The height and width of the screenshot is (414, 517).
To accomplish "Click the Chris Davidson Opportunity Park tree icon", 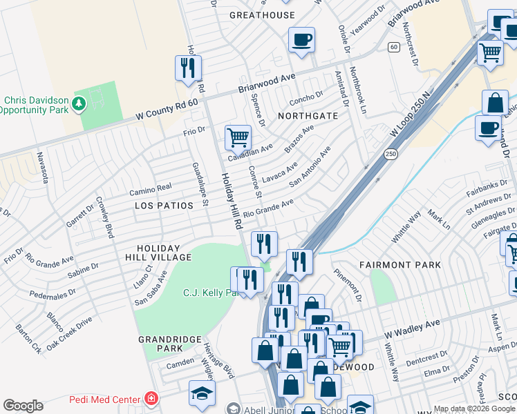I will (x=79, y=104).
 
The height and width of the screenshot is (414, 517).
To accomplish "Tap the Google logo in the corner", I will (x=23, y=406).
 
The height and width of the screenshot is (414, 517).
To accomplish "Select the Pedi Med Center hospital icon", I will (x=150, y=399).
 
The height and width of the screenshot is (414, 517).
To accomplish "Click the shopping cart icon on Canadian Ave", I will (x=238, y=137).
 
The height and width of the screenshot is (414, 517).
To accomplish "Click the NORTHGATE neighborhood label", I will (x=308, y=116).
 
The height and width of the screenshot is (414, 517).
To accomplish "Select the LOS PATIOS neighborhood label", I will (x=162, y=206).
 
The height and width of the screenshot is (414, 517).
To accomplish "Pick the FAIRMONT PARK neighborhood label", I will (x=400, y=264).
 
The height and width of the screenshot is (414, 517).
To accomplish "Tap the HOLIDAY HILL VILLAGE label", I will (x=158, y=253).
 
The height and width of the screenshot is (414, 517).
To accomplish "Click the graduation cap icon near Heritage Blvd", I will (x=202, y=394).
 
